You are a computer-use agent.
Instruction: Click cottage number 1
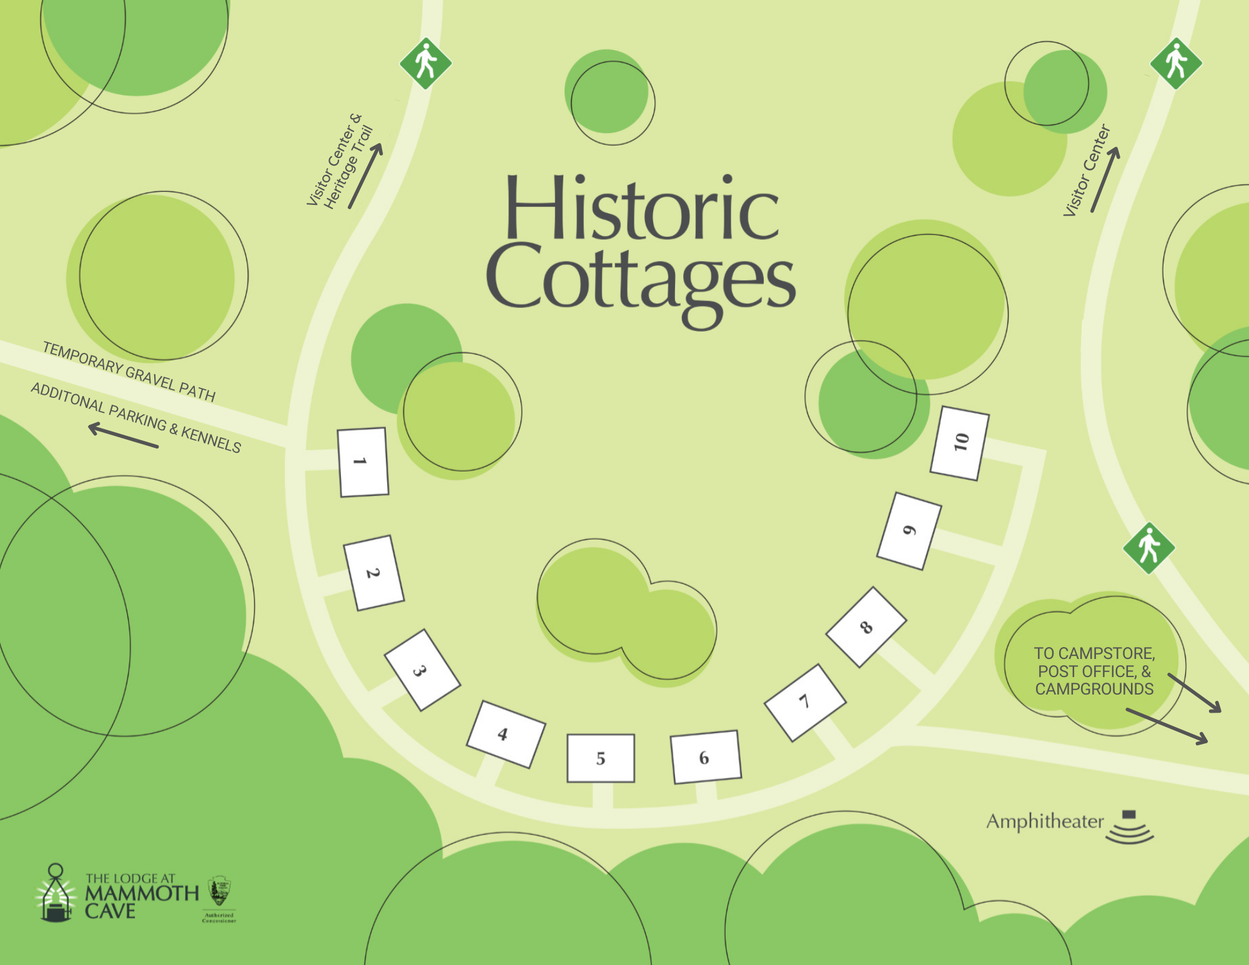coord(362,462)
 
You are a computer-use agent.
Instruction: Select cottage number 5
coord(601,758)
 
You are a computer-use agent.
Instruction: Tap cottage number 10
coord(960,443)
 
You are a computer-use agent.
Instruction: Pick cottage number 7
coord(805,702)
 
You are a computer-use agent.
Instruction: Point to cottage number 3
coord(422,670)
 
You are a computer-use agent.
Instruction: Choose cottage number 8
coord(866,626)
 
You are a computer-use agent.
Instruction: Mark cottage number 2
coord(373,573)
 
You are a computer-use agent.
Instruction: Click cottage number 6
coord(705,757)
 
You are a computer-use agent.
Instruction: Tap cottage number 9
coord(909,531)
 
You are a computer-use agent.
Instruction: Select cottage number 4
coord(506,734)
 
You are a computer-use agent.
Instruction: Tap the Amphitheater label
coord(1045,821)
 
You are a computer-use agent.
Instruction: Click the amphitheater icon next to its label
coord(1130,828)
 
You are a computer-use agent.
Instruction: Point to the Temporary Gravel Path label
coord(129,372)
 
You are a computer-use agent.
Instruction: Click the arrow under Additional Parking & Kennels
coord(123,435)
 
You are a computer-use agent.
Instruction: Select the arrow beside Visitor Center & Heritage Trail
coord(365,176)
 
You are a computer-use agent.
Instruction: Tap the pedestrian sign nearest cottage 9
coord(1148,548)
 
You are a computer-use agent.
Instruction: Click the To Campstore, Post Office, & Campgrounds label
coord(1094,671)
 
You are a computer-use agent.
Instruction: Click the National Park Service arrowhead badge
coord(219,891)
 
